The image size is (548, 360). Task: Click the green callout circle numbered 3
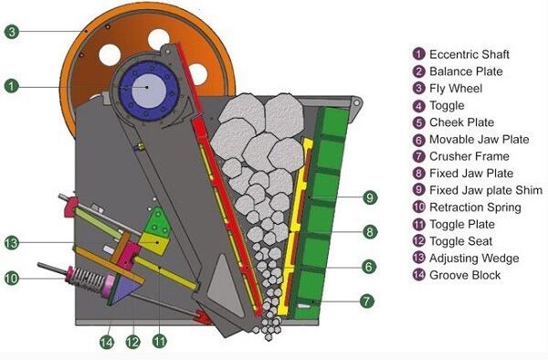point(12,32)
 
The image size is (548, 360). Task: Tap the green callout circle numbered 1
point(12,86)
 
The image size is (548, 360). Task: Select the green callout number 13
point(12,242)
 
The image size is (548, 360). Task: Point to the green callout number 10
point(12,278)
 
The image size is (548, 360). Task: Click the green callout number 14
point(107,342)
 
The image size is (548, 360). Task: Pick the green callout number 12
point(132,342)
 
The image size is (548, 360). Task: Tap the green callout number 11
point(159,341)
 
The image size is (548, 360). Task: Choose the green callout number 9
point(370,197)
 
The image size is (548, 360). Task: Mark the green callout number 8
point(370,232)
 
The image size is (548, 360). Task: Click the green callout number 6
point(369,267)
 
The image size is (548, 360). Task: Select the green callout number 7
point(366,301)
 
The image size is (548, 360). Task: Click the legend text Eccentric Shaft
point(469,55)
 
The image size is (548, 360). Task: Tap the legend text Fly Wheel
point(456,89)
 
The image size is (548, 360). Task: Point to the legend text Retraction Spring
point(475,207)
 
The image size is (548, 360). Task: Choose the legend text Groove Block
point(465,275)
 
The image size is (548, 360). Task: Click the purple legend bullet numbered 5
point(418,122)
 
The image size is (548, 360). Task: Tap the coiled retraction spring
point(90,280)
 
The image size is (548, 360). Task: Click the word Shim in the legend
point(528,190)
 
